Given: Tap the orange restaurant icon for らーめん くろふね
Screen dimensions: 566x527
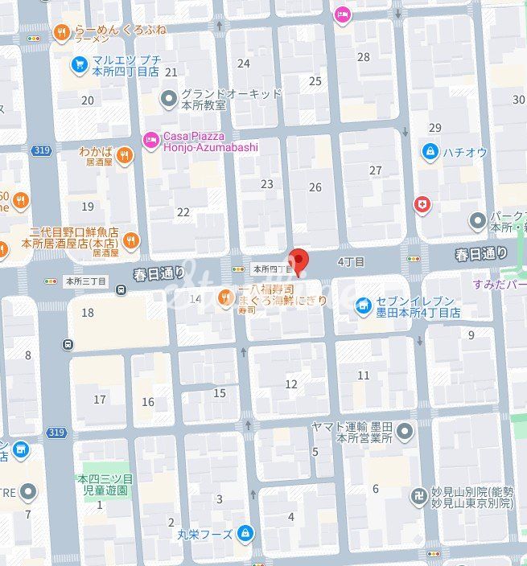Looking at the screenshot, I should [61, 32].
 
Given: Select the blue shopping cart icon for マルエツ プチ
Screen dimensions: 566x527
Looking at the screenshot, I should [78, 64].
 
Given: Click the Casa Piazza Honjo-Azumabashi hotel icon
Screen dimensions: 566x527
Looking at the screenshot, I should [150, 141].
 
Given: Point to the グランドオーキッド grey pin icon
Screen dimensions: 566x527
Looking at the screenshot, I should [168, 100].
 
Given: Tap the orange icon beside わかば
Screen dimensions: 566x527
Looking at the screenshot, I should [124, 156].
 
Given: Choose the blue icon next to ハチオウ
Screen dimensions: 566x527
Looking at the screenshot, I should [430, 151].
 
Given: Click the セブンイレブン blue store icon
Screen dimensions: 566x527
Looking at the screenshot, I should [363, 306].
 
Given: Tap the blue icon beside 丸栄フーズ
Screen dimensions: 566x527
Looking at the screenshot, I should [246, 534].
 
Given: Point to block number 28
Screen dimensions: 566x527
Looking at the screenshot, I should [364, 57].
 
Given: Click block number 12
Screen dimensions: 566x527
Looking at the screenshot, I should [291, 384].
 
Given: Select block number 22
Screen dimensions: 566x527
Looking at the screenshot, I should [183, 212].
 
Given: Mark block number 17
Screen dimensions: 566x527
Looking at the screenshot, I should [100, 399].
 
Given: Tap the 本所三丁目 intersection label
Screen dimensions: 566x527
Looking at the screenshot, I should [86, 281].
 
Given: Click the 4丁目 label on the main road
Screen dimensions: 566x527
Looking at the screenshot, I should [351, 262].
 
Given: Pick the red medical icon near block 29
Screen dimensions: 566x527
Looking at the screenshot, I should [422, 206].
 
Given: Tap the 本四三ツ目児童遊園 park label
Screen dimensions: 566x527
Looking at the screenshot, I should [105, 484].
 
